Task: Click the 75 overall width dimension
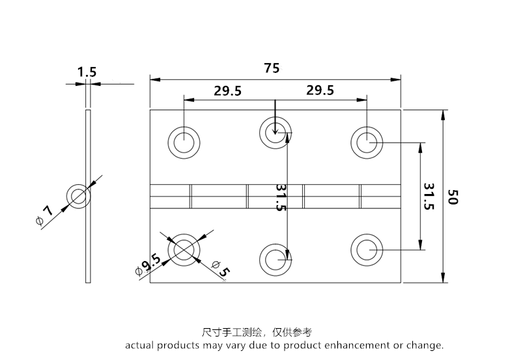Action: click(272, 68)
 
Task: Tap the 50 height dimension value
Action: click(455, 197)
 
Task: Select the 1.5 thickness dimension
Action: click(87, 72)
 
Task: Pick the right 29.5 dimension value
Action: click(320, 90)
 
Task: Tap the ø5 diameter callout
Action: click(220, 268)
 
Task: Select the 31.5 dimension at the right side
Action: click(429, 196)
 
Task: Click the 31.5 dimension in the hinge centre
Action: click(281, 197)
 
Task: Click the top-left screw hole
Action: click(184, 141)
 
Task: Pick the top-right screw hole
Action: click(367, 141)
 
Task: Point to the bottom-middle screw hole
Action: click(275, 259)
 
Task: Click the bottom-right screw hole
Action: click(367, 249)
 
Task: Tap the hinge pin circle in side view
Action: click(79, 196)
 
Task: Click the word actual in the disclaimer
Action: click(140, 345)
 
